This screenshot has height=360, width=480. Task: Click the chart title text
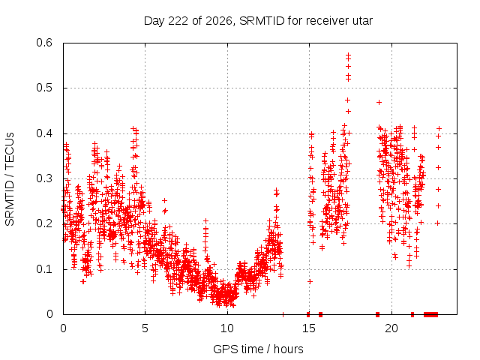coord(258,21)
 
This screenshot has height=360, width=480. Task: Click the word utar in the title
coord(363,21)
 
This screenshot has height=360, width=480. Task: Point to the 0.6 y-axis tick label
coord(44,43)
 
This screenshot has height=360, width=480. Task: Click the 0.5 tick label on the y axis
coord(44,88)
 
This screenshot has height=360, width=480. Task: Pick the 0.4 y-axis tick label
coord(44,133)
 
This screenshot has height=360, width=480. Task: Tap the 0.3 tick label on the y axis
coord(44,178)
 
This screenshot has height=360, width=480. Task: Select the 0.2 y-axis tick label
coord(44,223)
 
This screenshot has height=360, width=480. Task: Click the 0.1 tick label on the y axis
coord(44,269)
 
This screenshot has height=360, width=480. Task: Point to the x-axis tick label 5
coord(145,328)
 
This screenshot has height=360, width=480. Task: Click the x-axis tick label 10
coord(227,328)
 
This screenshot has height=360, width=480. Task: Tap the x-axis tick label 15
coord(309,328)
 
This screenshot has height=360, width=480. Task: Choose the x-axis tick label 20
coord(391,328)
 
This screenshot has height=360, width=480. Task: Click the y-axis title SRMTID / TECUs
coord(10,179)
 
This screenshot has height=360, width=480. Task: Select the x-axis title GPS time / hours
coord(258,349)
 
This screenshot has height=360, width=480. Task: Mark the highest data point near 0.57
coord(348,55)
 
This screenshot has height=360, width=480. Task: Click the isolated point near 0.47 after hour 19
coord(379,102)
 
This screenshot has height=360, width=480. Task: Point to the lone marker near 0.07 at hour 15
coord(310,281)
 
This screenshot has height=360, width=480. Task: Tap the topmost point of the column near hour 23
coord(439,128)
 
